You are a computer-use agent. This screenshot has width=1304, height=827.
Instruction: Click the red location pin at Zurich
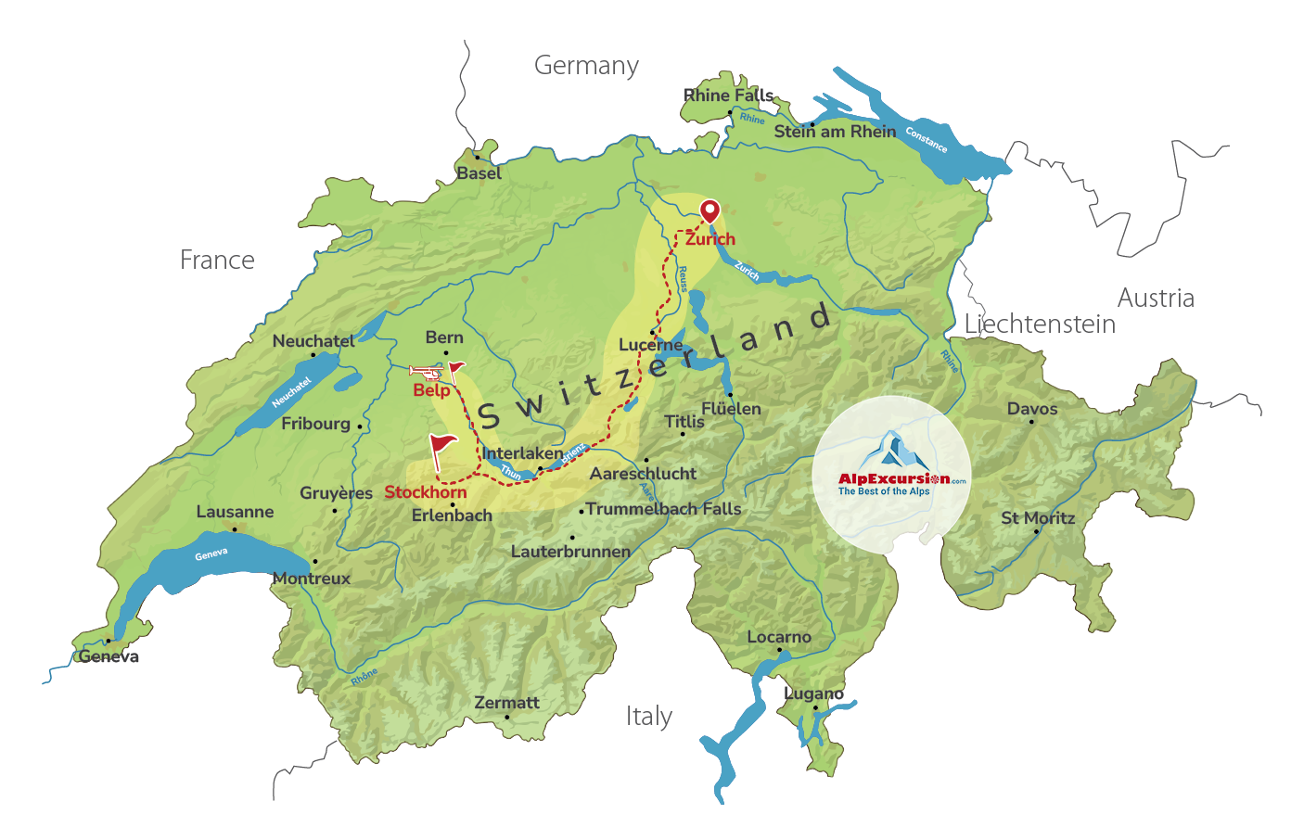710,210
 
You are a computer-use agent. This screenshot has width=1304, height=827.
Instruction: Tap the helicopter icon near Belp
427,373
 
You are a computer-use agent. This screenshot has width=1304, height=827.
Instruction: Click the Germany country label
586,66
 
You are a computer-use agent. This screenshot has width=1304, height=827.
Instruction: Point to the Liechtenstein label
1040,324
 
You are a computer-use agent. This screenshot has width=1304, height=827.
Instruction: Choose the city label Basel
479,173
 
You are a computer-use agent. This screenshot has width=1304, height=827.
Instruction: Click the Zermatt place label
506,703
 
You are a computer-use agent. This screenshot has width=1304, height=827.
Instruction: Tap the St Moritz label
1038,518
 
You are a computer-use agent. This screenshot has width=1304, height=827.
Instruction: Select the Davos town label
1032,409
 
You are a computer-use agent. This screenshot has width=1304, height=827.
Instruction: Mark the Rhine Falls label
728,95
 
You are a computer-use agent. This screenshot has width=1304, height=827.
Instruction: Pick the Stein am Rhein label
835,132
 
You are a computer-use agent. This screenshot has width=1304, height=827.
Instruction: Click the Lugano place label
813,693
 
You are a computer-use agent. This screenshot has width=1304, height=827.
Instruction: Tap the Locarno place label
779,638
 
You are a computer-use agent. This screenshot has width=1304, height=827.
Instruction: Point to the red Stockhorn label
426,492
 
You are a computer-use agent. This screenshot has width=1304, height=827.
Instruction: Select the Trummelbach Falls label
663,509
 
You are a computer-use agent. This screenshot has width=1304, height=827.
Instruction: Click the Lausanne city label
235,512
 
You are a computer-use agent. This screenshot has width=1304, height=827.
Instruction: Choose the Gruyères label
336,493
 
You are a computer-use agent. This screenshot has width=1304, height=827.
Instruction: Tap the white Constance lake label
926,140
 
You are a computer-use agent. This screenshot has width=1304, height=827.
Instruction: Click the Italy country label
648,717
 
